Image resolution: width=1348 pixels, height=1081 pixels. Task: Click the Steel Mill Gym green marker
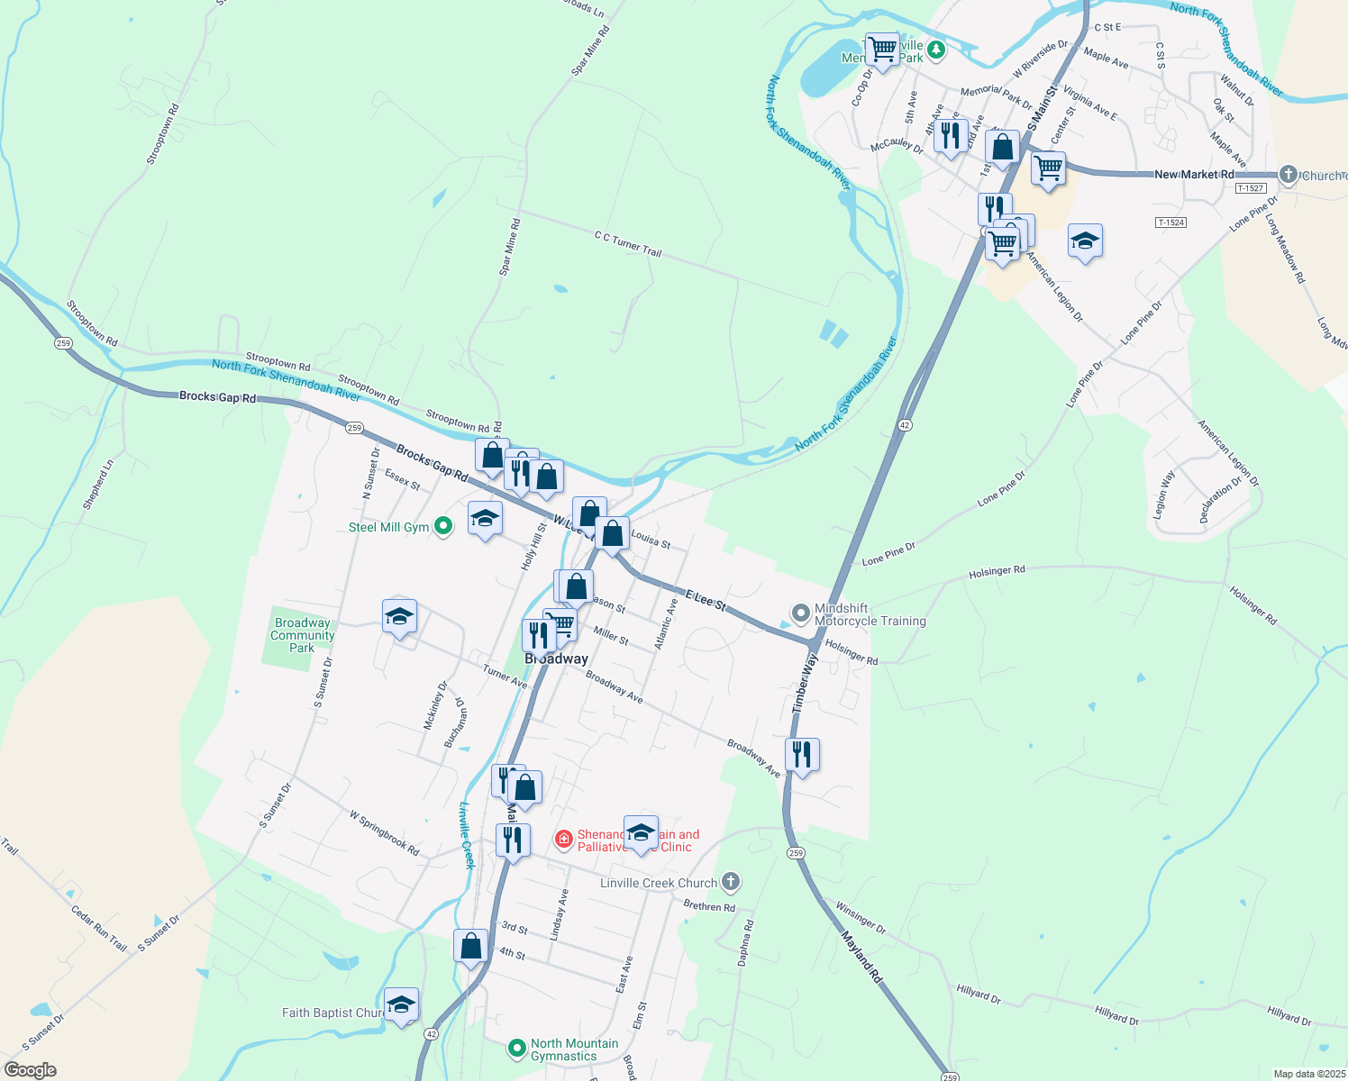[x=442, y=526]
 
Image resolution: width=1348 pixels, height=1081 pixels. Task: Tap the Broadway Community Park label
[x=302, y=635]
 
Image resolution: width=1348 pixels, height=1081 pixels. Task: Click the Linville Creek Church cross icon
[x=731, y=882]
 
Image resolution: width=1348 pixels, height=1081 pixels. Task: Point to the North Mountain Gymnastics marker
[x=516, y=1048]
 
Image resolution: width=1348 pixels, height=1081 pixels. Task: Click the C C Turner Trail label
[x=628, y=243]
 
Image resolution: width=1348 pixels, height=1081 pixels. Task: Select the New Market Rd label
[x=1194, y=174]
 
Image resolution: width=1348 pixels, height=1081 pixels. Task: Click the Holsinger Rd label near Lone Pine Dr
[x=997, y=570]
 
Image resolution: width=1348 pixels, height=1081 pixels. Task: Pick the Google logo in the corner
[x=30, y=1070]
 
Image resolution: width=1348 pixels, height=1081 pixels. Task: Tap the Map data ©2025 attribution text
[x=1309, y=1074]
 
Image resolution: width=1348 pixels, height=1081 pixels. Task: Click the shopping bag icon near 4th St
[x=470, y=947]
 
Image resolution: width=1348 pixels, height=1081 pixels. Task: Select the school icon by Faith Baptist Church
[x=401, y=1005]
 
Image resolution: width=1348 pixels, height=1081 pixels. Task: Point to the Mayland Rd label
[x=861, y=957]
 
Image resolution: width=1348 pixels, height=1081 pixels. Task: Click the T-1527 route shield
[x=1251, y=188]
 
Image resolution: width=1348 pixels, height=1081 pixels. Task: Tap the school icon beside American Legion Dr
[x=1085, y=241]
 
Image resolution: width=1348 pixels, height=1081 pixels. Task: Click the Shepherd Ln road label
[x=98, y=485]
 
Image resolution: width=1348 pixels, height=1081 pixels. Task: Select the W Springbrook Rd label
[x=385, y=832]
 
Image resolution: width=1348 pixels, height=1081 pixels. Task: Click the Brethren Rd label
[x=709, y=906]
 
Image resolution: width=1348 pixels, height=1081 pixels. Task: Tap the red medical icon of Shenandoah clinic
[x=564, y=840]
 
